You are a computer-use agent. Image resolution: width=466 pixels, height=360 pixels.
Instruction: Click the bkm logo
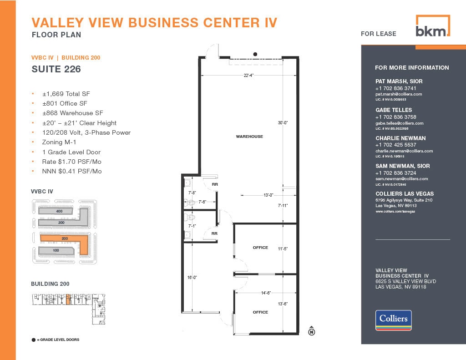(432, 26)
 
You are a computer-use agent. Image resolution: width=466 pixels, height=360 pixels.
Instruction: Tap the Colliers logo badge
(393, 320)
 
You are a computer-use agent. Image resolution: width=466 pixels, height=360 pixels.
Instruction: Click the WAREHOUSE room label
(249, 137)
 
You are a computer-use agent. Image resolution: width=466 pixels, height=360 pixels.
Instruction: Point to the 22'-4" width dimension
(248, 76)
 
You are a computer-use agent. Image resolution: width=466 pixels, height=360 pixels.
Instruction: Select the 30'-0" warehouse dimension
(283, 123)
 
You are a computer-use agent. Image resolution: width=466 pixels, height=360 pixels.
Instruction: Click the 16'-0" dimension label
(192, 277)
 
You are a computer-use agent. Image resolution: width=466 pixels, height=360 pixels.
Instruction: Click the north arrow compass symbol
(312, 331)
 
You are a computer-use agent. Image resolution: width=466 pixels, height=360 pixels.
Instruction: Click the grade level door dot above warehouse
(255, 54)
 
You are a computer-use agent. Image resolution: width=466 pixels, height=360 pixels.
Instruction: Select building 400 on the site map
(60, 211)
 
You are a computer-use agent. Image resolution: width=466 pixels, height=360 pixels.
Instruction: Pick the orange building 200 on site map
(65, 238)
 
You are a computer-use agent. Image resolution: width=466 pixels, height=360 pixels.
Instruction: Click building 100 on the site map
(56, 251)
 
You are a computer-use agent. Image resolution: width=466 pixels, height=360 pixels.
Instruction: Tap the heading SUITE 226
(56, 69)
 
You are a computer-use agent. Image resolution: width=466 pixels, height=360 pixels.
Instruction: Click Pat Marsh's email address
(399, 94)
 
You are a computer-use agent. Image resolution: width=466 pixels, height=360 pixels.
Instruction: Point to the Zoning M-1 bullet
(59, 142)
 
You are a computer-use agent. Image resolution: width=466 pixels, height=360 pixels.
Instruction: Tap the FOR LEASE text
(378, 34)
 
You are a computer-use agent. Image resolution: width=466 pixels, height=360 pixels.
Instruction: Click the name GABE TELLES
(394, 110)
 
